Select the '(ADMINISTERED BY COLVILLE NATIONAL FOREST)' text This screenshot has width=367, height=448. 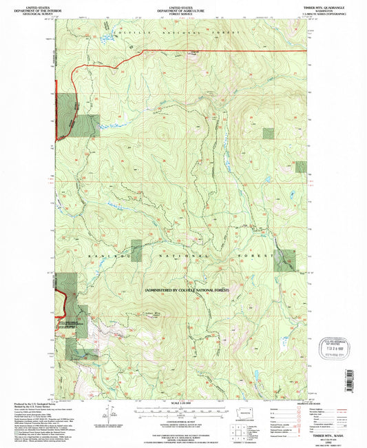(187, 291)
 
